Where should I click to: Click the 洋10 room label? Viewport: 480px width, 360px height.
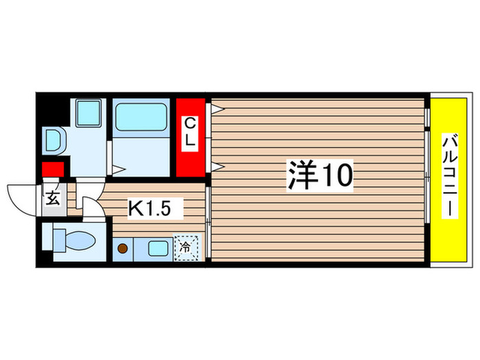[319, 176]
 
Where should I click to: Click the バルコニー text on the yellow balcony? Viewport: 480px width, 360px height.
[449, 176]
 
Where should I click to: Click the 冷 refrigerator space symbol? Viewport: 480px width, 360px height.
[186, 248]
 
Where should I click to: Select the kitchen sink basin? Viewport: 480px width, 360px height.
[159, 248]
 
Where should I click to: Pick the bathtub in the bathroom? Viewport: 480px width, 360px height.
[141, 117]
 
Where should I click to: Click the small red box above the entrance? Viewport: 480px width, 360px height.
[53, 169]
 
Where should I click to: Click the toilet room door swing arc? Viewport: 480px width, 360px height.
[93, 207]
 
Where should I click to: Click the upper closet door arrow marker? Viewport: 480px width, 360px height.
[215, 108]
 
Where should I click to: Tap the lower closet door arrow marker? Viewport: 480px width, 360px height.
[215, 165]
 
